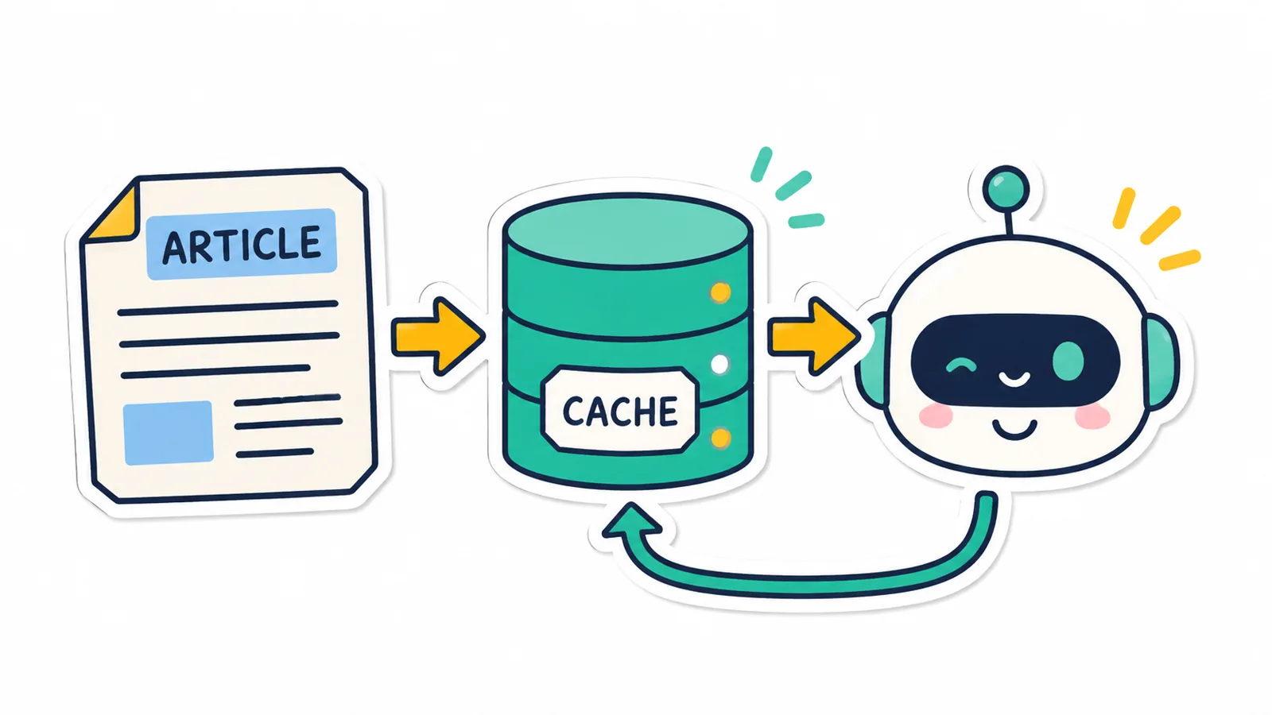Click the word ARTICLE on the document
pyautogui.click(x=242, y=245)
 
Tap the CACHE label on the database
pyautogui.click(x=620, y=411)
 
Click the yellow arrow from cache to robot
pyautogui.click(x=814, y=336)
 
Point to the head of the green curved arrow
pyautogui.click(x=631, y=520)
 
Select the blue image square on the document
pyautogui.click(x=168, y=433)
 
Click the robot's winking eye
pyautogui.click(x=961, y=365)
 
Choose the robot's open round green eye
pyautogui.click(x=1068, y=361)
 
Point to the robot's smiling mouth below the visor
pyautogui.click(x=1014, y=429)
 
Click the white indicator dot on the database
pyautogui.click(x=719, y=365)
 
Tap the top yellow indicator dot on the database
pyautogui.click(x=720, y=293)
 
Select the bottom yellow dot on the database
pyautogui.click(x=720, y=438)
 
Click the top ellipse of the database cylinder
pyautogui.click(x=627, y=230)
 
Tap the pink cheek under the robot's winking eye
pyautogui.click(x=936, y=415)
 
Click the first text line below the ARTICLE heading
pyautogui.click(x=227, y=308)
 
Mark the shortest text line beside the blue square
pyautogui.click(x=275, y=453)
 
